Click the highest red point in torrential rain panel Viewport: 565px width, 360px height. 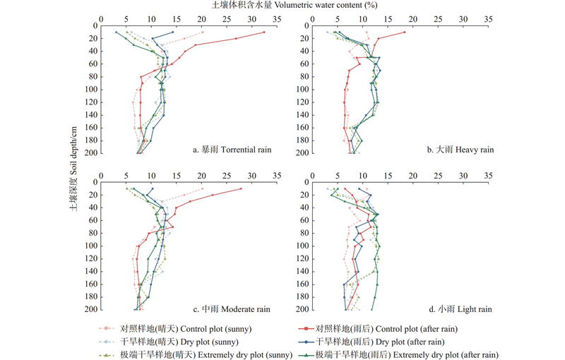click(264, 32)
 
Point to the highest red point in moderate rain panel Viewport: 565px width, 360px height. click(241, 188)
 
